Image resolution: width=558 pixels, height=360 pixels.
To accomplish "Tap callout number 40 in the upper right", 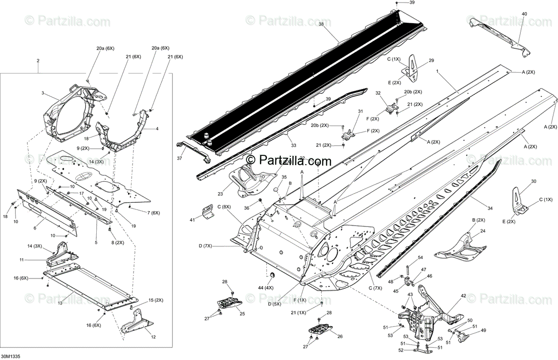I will coord(525,14).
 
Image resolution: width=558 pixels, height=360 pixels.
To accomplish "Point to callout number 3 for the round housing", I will coord(43,93).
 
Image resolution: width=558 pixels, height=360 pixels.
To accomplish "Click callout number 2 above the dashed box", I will coord(38,61).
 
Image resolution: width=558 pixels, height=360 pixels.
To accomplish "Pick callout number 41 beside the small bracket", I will coord(193,219).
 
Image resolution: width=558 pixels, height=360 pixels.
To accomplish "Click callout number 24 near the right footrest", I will coord(483,231).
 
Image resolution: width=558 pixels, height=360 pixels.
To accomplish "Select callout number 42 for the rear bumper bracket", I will coord(463,296).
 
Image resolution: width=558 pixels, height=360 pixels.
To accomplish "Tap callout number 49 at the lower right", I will coord(484,331).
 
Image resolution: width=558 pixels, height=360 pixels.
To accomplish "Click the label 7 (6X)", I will coord(153,213).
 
